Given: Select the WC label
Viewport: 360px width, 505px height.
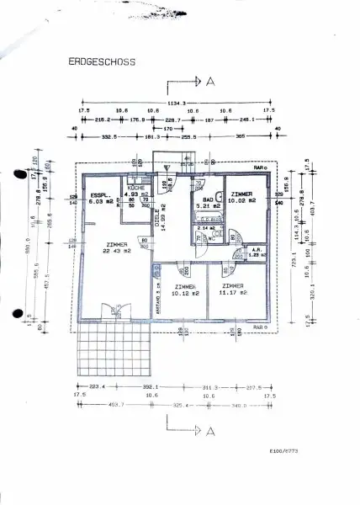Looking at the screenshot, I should pos(210,238).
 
